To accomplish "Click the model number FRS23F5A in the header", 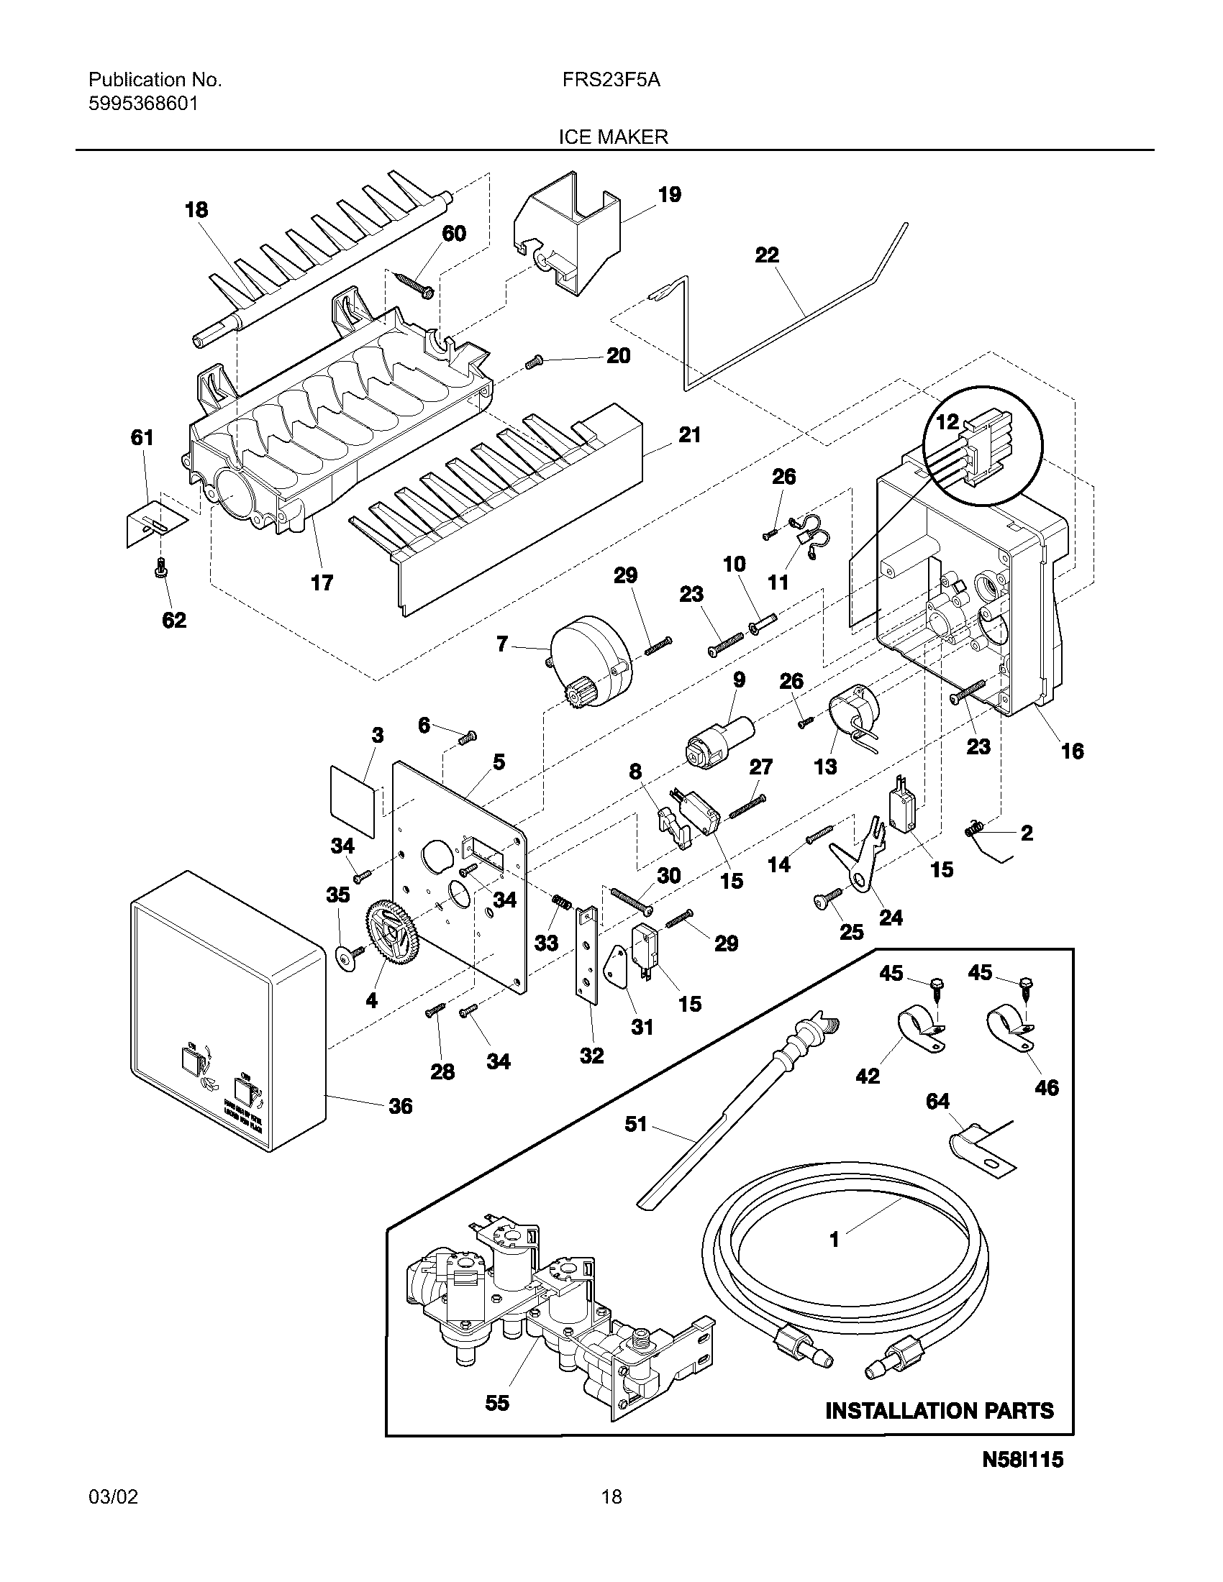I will coord(610,81).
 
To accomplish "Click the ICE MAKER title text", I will coord(612,137).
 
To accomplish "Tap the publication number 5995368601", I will coord(142,104).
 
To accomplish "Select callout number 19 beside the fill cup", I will coord(670,194).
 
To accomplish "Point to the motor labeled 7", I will coord(588,656).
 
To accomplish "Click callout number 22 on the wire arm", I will coord(767,255).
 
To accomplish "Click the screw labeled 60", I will coord(414,284).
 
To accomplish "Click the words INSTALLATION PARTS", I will coord(940,1410).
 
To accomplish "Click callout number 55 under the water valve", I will coord(497,1403).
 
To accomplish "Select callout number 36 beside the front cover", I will coord(400,1106).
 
